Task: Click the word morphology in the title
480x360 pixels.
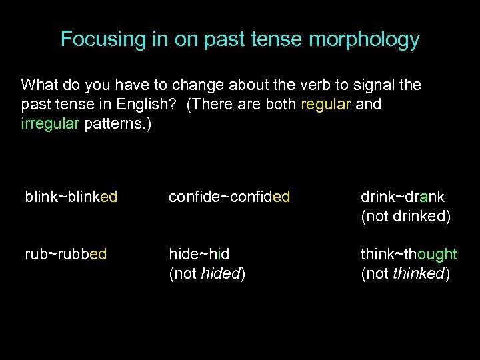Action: tap(364, 39)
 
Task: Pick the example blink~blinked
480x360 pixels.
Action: tap(71, 197)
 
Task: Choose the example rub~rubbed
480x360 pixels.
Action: tap(65, 254)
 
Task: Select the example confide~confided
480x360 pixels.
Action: tap(229, 197)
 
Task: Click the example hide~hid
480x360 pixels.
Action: tap(199, 254)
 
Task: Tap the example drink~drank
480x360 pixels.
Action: tap(402, 197)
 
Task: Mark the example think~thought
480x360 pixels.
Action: tap(409, 254)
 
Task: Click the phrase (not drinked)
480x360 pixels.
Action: tap(406, 216)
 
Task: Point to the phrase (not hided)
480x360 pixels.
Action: tap(207, 273)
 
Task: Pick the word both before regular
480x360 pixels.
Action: tap(281, 105)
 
